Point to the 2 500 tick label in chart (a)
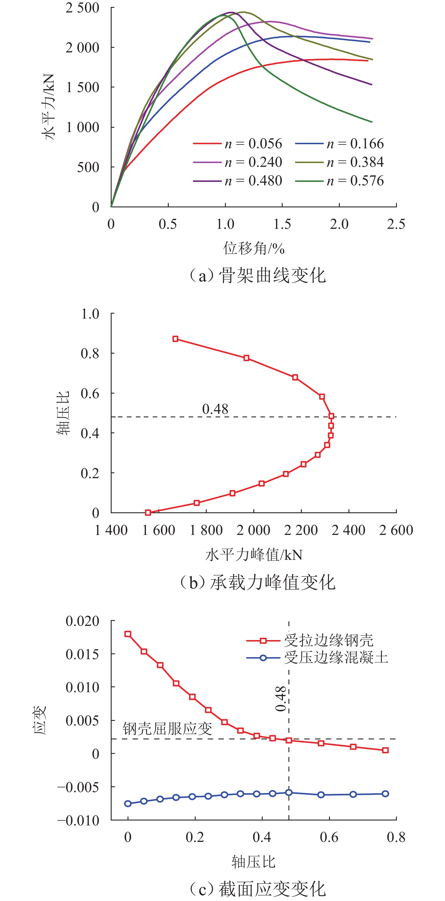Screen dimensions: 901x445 pos(82,8)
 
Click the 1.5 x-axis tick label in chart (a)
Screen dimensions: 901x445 pos(282,224)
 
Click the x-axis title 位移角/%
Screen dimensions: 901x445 pos(254,248)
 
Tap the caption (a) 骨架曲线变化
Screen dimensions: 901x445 pos(257,276)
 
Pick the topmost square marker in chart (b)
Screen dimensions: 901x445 pos(175,339)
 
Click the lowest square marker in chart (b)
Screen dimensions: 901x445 pos(148,512)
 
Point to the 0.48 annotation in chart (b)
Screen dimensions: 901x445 pos(215,409)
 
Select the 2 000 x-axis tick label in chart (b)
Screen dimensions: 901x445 pos(253,530)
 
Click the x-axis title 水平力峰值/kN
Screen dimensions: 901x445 pos(254,555)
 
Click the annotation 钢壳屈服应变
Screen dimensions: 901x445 pos(167,729)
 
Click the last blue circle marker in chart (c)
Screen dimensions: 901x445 pos(385,794)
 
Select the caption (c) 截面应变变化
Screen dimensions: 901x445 pos(257,889)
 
